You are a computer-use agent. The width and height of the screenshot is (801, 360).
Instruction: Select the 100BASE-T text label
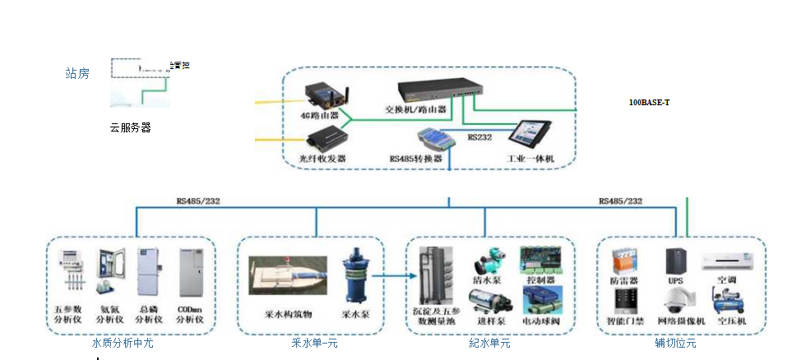tap(650, 102)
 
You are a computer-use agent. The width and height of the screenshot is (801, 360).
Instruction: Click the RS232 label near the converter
tap(480, 138)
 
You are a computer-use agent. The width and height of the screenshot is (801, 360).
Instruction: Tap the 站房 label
tap(77, 73)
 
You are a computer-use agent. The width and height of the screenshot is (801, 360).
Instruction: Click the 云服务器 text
tap(130, 127)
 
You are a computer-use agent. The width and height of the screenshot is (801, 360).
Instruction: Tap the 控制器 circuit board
tap(539, 260)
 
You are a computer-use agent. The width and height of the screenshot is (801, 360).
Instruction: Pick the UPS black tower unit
tap(676, 262)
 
